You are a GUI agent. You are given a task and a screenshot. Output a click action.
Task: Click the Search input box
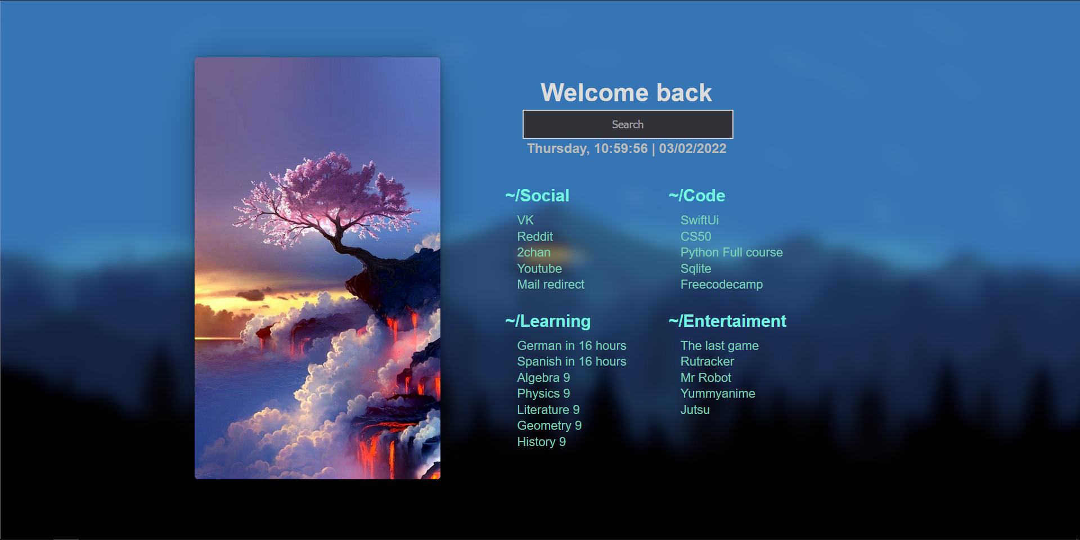[x=628, y=124]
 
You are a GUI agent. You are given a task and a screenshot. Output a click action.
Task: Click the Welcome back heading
[x=626, y=93]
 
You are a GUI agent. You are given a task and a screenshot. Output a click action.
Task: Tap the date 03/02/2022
[x=692, y=148]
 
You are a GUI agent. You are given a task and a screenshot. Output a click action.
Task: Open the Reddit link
[x=535, y=236]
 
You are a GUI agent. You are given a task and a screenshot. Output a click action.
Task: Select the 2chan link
[x=534, y=253]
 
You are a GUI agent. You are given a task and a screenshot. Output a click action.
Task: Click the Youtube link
[x=539, y=268]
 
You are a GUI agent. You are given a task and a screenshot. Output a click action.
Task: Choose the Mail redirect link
[x=551, y=285]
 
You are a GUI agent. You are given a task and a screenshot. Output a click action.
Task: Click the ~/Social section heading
[x=537, y=196]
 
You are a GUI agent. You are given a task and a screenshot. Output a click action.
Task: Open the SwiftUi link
[x=700, y=220]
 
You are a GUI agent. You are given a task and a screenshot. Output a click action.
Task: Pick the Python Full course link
[x=731, y=253]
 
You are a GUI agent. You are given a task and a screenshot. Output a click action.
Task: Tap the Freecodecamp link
[x=722, y=285]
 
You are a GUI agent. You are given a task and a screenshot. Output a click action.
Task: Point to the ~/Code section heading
[x=697, y=196]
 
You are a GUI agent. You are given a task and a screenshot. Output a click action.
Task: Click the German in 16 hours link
[x=571, y=346]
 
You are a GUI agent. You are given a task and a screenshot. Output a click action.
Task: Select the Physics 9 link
[x=543, y=394]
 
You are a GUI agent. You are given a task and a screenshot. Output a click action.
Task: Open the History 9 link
[x=541, y=442]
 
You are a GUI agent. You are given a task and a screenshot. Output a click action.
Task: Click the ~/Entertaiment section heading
[x=727, y=321]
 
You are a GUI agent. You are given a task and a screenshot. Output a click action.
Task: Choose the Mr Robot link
[x=706, y=378]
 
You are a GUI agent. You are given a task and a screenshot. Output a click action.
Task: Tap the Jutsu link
[x=695, y=410]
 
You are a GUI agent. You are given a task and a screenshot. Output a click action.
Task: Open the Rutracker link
[x=707, y=362]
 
